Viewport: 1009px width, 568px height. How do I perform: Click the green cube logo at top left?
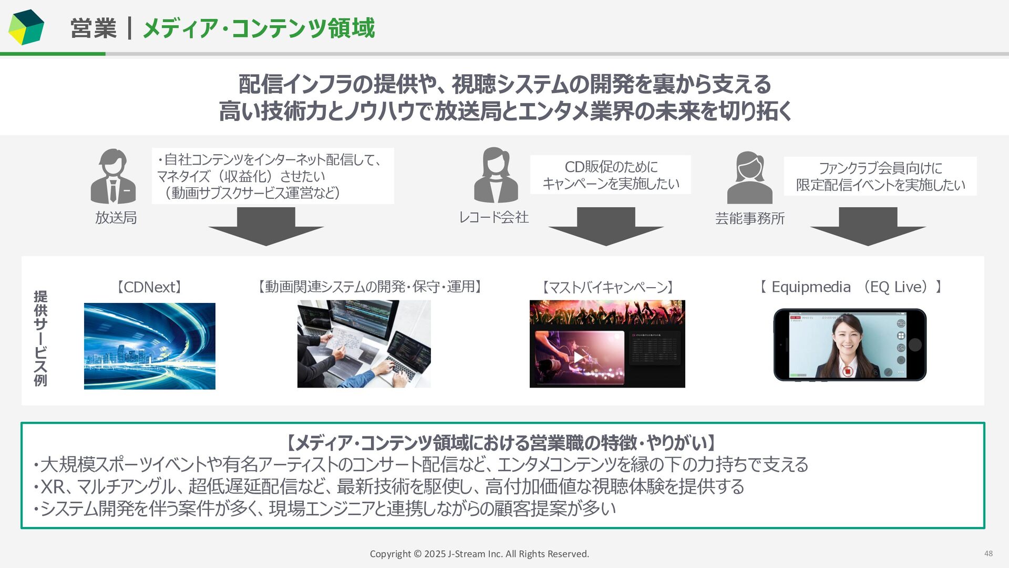click(x=26, y=27)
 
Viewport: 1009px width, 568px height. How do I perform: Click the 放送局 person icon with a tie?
click(x=113, y=177)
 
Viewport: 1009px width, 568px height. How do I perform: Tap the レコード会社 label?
click(x=493, y=217)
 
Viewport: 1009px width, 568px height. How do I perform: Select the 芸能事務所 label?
click(x=749, y=218)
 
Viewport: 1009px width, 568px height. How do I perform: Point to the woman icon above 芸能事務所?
click(x=749, y=178)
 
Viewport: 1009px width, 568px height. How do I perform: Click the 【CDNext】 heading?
click(x=149, y=287)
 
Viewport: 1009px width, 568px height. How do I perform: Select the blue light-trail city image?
click(x=150, y=346)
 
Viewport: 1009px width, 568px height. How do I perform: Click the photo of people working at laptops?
click(x=364, y=344)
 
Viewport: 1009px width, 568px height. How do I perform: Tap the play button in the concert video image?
click(x=578, y=358)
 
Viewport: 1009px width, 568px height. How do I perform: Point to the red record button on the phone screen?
click(x=847, y=371)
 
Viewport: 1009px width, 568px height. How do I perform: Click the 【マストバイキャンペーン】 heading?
click(x=607, y=287)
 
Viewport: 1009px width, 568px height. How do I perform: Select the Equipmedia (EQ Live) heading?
click(x=850, y=287)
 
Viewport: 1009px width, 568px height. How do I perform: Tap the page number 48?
click(x=988, y=553)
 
